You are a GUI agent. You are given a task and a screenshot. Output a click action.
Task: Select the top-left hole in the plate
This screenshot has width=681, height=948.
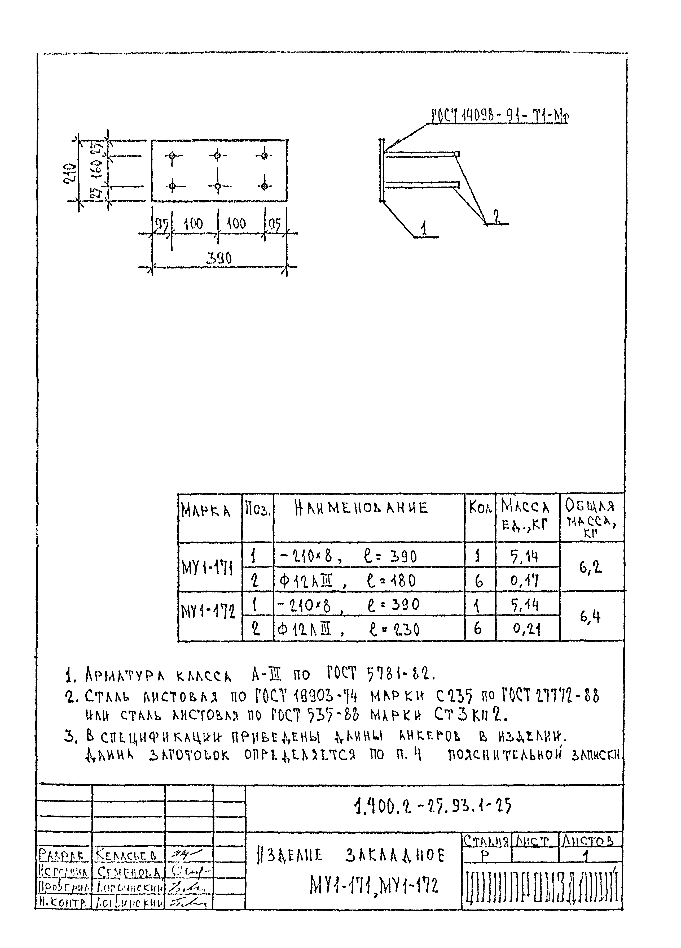click(x=172, y=156)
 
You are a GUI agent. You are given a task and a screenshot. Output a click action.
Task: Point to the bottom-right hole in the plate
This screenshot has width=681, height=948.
click(x=264, y=186)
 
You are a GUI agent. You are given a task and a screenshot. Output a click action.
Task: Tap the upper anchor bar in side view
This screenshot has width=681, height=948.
click(x=422, y=155)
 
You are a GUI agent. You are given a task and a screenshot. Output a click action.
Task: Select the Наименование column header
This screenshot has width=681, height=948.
click(x=361, y=508)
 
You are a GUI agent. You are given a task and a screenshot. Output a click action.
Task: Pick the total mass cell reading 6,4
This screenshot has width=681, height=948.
click(x=590, y=617)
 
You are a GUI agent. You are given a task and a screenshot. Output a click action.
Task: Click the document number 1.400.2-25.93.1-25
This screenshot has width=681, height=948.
click(x=432, y=807)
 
